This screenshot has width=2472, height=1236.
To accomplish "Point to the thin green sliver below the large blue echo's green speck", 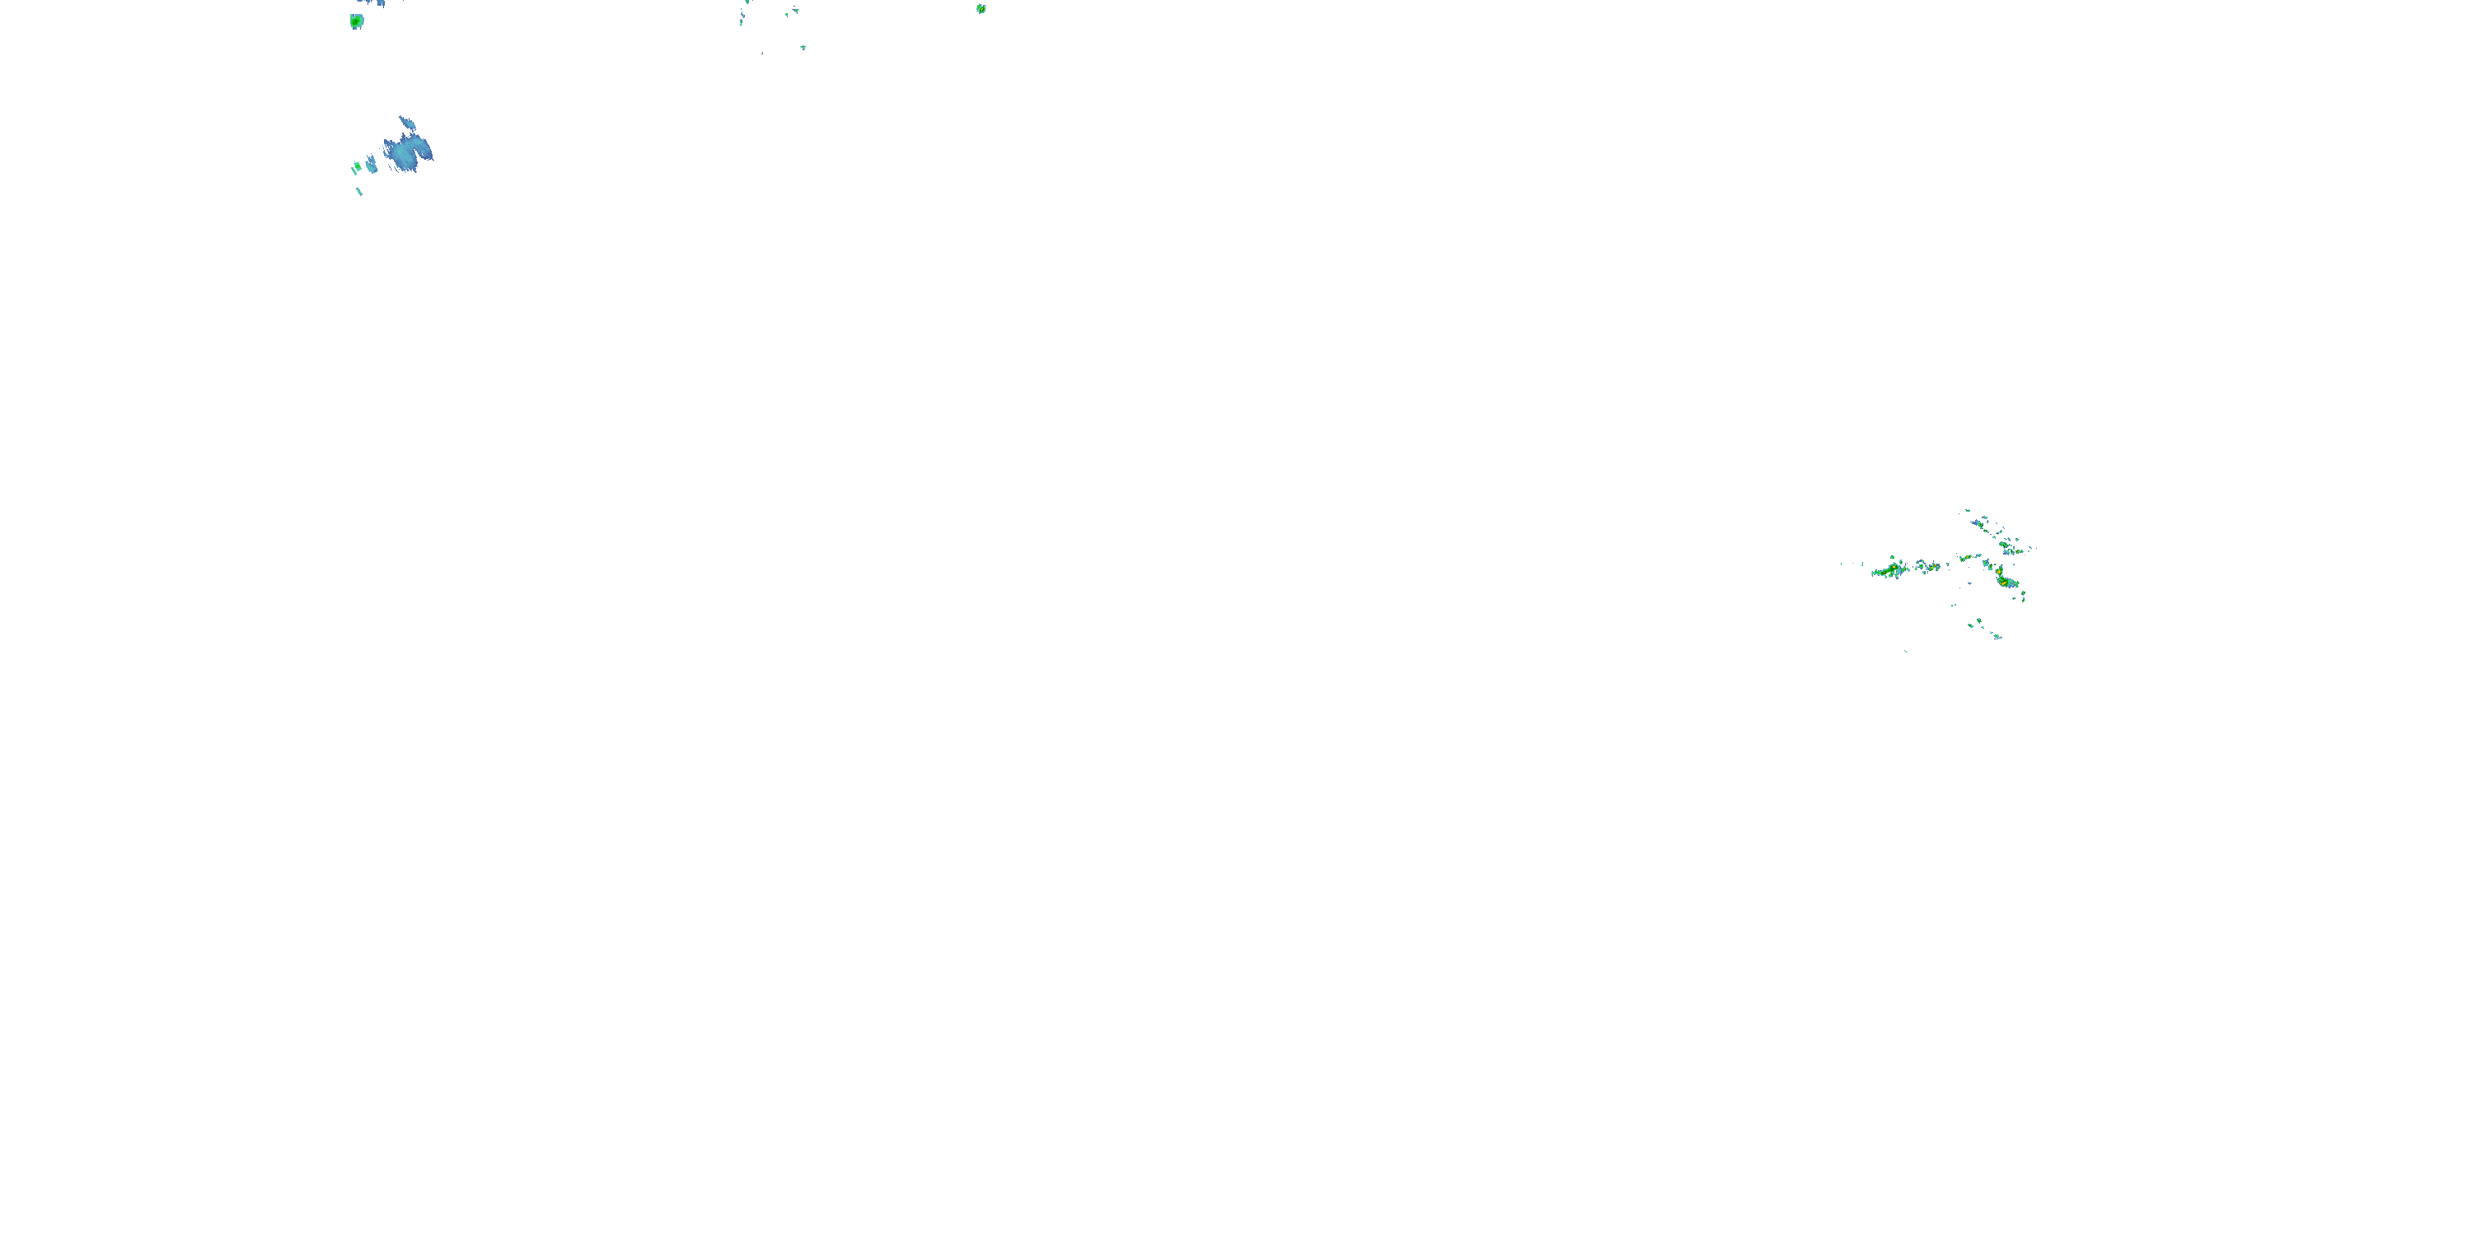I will tap(360, 190).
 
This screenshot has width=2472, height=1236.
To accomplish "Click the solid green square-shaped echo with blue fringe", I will tap(357, 20).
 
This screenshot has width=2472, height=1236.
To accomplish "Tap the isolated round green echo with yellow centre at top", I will tap(981, 8).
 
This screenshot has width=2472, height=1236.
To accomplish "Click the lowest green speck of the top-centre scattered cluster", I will tap(804, 48).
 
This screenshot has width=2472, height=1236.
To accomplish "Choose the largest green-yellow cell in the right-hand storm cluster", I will tap(2006, 583).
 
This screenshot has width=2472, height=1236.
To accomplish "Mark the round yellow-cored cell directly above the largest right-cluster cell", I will tap(1999, 572).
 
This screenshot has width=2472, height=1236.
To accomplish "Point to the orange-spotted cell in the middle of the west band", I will tap(1934, 567).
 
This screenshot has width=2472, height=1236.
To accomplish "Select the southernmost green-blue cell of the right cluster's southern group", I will tap(1997, 636).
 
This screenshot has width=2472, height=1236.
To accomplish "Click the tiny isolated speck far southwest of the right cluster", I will tap(1906, 652).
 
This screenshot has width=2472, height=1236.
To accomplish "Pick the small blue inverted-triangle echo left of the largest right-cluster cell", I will tap(1970, 583).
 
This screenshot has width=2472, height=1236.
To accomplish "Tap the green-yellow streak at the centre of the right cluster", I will tap(1966, 558).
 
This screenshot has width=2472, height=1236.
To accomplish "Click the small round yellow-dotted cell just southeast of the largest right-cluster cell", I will tap(2023, 593).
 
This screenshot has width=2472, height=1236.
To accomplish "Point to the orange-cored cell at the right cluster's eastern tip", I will tap(2018, 552).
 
